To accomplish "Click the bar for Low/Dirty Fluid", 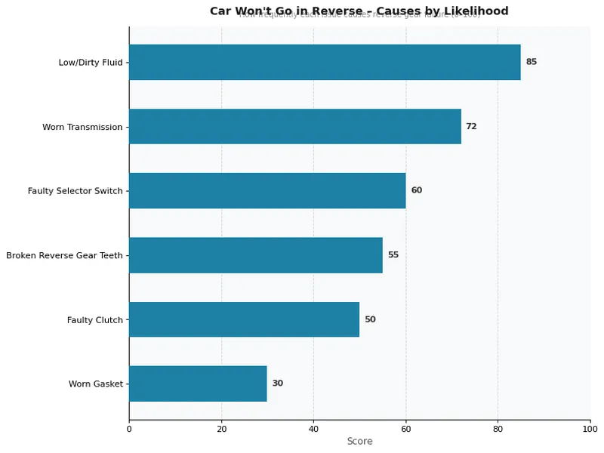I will coord(325,62).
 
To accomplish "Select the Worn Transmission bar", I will coord(295,126).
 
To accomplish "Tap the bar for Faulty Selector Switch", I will coord(267,191).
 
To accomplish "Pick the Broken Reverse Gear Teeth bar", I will coord(256,255).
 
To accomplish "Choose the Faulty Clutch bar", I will coord(244,319).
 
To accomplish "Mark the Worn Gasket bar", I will coord(198,384).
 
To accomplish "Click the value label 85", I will coord(532,62).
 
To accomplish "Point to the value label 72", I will coord(471,126).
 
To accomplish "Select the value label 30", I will coord(278,384).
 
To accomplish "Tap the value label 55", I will coord(393,255).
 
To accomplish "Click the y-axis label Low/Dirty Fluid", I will coord(90,63).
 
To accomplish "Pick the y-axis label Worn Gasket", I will coord(95,384).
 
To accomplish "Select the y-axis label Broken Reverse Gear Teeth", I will coord(64,256).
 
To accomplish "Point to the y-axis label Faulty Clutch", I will coord(94,320).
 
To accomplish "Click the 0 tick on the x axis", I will coord(129,430).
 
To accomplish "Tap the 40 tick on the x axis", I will coord(313,430).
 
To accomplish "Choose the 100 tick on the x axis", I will coord(590,430).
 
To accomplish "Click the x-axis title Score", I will coord(359,442).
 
